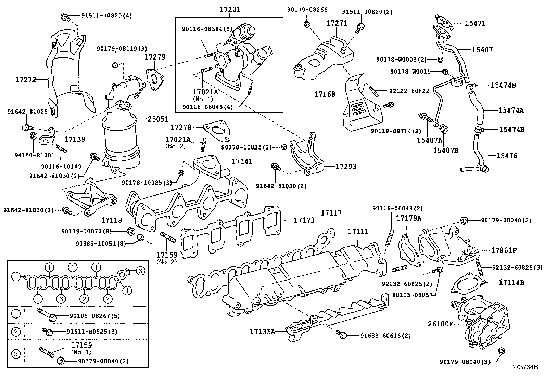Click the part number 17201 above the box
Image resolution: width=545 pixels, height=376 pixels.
click(x=229, y=9)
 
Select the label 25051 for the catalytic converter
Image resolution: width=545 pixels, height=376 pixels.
click(x=158, y=119)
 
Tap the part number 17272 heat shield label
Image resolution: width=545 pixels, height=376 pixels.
click(x=26, y=80)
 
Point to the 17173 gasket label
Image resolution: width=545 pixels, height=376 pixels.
click(x=304, y=220)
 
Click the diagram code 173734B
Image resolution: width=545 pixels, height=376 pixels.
click(x=525, y=367)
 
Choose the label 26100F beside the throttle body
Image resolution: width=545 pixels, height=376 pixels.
click(x=440, y=323)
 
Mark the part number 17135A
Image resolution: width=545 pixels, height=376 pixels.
click(x=262, y=331)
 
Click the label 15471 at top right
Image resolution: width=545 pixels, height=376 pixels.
click(x=475, y=23)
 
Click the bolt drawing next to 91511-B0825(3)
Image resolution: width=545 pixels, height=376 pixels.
click(x=47, y=331)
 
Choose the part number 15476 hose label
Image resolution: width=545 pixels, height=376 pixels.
click(x=507, y=156)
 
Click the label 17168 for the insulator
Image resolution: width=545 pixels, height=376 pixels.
click(x=325, y=93)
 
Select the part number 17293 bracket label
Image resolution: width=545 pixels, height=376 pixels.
click(x=345, y=166)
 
